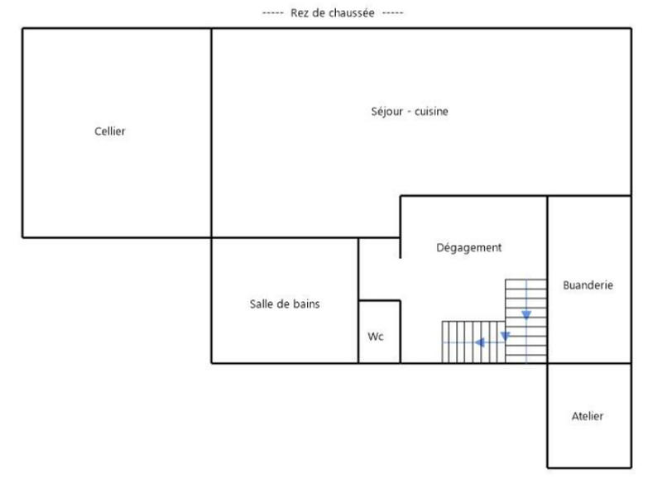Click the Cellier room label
point(110,131)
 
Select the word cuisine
point(430,111)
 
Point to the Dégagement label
point(468,247)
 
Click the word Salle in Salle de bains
point(262,304)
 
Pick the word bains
point(305,304)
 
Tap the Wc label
point(376,337)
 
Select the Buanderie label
point(588,285)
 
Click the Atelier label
point(588,416)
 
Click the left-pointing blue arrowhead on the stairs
point(478,342)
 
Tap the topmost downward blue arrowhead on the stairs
point(526,314)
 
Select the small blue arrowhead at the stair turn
point(505,335)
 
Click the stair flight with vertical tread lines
point(473,342)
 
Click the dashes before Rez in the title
point(272,13)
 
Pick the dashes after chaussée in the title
point(392,13)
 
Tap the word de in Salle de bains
point(283,304)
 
